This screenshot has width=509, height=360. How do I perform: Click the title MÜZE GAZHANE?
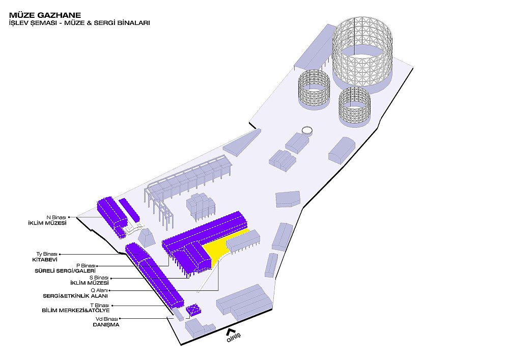tap(45, 15)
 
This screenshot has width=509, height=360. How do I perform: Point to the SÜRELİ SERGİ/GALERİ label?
tap(65, 271)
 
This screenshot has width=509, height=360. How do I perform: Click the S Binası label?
tap(99, 278)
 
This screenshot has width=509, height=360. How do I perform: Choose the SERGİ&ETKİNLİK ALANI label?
tap(75, 296)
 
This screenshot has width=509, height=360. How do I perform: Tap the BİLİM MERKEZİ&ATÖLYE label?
tap(76, 310)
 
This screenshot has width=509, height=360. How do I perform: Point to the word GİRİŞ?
tap(234, 338)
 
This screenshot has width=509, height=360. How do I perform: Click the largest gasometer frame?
tap(362, 55)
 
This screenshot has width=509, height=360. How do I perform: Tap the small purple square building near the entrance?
tap(194, 310)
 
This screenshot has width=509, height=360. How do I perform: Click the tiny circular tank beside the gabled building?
tap(307, 131)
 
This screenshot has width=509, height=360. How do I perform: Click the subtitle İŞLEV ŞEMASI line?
tap(79, 23)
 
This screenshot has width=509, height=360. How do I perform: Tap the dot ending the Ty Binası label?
tap(60, 255)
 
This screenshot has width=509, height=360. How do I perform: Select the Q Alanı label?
tap(99, 291)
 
